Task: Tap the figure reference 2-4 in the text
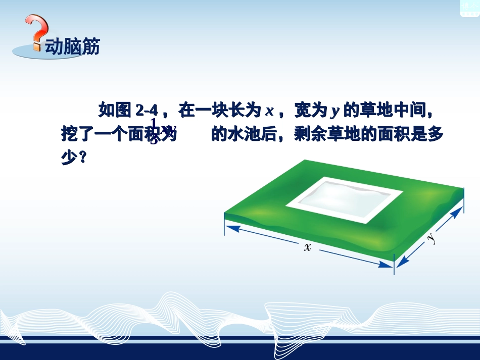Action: point(147,110)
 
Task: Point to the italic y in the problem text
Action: point(333,110)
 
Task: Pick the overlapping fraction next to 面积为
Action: point(155,131)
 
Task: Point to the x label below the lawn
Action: point(307,247)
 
